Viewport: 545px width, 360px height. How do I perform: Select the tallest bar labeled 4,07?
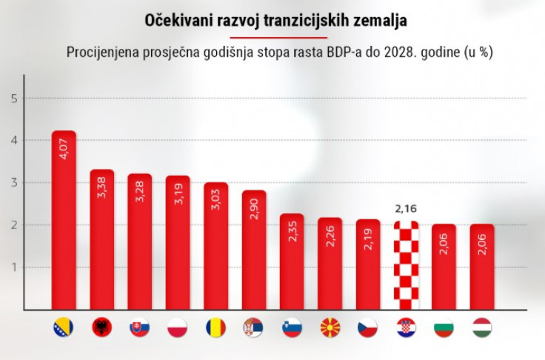click(x=64, y=222)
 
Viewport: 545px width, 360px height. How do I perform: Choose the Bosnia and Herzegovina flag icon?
click(x=64, y=327)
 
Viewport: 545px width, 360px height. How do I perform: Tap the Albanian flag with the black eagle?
click(x=101, y=327)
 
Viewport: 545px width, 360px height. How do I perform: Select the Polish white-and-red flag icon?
click(x=178, y=327)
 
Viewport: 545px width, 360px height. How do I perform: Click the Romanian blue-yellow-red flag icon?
click(x=215, y=327)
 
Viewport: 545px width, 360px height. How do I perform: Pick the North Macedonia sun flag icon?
click(x=330, y=327)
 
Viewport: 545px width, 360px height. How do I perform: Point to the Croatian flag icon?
click(x=406, y=327)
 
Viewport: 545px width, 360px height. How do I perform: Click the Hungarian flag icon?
click(x=482, y=327)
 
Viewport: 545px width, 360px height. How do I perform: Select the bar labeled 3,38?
click(x=101, y=241)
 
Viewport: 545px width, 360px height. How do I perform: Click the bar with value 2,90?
click(x=254, y=252)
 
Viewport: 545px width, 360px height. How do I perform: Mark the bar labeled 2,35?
click(x=292, y=263)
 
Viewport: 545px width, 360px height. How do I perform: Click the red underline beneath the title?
click(x=275, y=38)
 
